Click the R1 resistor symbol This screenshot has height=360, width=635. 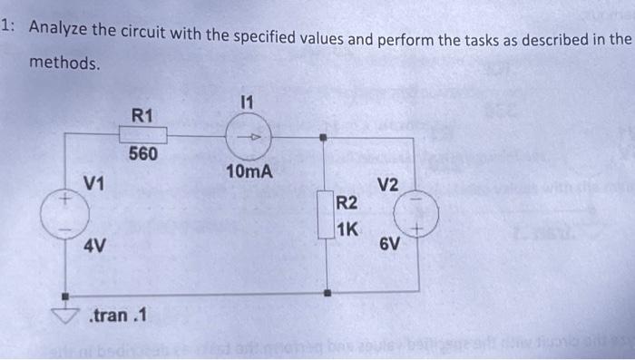pyautogui.click(x=142, y=134)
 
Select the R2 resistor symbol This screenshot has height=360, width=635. pyautogui.click(x=325, y=214)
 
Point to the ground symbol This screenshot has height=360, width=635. pyautogui.click(x=65, y=314)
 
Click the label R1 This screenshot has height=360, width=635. pyautogui.click(x=142, y=115)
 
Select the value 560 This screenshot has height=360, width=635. pyautogui.click(x=142, y=154)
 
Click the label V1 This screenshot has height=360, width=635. pyautogui.click(x=93, y=184)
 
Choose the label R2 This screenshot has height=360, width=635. pyautogui.click(x=347, y=201)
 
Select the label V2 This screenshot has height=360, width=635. pyautogui.click(x=388, y=185)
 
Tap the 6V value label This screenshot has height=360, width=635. pyautogui.click(x=388, y=245)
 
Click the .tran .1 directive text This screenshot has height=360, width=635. pyautogui.click(x=120, y=316)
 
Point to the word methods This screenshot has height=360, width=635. pyautogui.click(x=64, y=63)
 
